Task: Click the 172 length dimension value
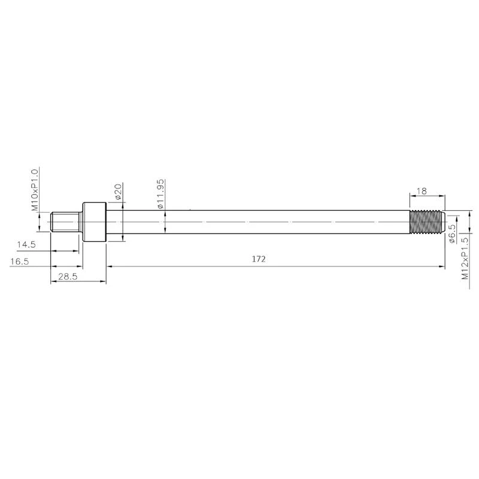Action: pyautogui.click(x=259, y=259)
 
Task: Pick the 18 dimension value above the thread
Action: pyautogui.click(x=421, y=192)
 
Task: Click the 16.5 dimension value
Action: pyautogui.click(x=20, y=262)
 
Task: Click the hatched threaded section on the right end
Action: pyautogui.click(x=426, y=222)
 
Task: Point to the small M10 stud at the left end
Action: pyautogui.click(x=65, y=222)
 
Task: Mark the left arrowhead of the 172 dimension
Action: pyautogui.click(x=109, y=266)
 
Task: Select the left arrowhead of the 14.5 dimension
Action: pyautogui.click(x=53, y=251)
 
